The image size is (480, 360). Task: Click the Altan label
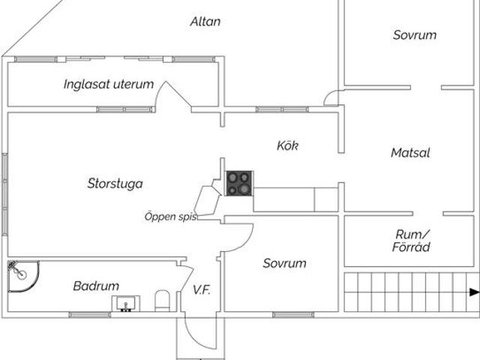tap(205, 21)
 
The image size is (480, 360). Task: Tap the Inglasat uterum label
tap(109, 85)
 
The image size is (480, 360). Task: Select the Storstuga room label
tap(115, 183)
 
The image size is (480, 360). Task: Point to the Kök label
tap(287, 145)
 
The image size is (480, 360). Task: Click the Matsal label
tap(410, 153)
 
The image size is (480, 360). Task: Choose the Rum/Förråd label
tap(412, 240)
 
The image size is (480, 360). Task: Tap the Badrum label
tap(96, 286)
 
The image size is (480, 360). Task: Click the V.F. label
tap(201, 289)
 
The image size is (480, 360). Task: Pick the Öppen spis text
tap(170, 217)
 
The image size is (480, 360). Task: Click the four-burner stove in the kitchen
tap(239, 183)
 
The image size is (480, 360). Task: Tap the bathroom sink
tap(126, 303)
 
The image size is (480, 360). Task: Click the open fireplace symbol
tap(206, 201)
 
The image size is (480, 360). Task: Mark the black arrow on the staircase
tap(473, 292)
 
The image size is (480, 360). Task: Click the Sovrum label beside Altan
tap(414, 35)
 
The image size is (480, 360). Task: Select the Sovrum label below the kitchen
tap(284, 263)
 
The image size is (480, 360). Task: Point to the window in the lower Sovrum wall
tap(292, 314)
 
